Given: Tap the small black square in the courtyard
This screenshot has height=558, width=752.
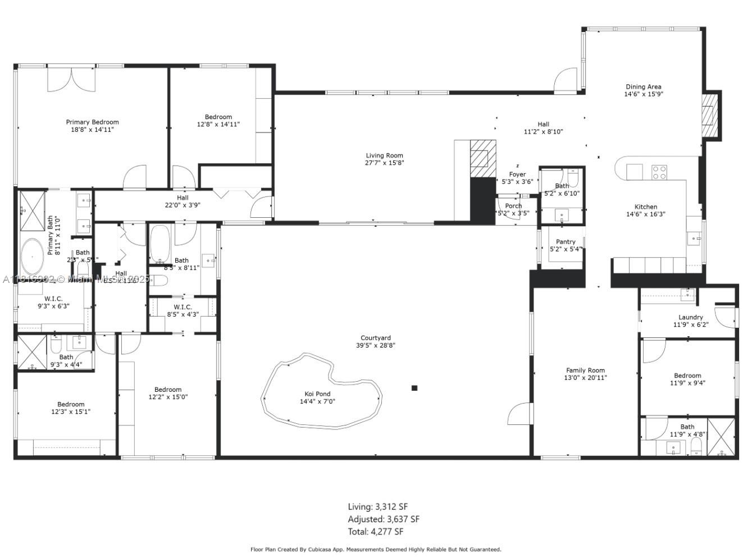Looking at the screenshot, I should [x=414, y=388].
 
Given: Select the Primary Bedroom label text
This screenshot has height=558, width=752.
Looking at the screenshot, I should [x=92, y=122].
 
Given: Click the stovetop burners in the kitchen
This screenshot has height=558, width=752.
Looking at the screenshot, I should [x=659, y=172].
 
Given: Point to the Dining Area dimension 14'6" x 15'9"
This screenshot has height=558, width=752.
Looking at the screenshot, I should [x=643, y=94].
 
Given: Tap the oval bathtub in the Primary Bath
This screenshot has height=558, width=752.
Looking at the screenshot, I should [x=32, y=257].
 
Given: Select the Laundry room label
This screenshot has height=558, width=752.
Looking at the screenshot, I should [x=690, y=317].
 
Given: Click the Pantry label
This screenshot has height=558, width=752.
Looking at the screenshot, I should [x=566, y=242].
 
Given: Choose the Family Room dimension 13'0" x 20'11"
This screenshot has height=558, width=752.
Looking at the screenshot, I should [x=585, y=378].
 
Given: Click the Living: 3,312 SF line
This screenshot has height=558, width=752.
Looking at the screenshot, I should [x=377, y=507].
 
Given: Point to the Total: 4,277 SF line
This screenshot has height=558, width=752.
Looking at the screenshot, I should [x=375, y=532].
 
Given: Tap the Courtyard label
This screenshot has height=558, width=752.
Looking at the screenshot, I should [x=376, y=338].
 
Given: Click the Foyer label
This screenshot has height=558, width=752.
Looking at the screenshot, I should [x=517, y=175].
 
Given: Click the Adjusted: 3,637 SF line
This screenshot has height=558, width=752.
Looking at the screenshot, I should [x=383, y=519].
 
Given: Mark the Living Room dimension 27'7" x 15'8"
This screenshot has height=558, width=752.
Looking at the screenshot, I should [x=384, y=163].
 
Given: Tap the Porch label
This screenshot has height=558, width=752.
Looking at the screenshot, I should [x=513, y=206].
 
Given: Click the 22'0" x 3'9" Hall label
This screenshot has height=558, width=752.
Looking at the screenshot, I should [x=183, y=205].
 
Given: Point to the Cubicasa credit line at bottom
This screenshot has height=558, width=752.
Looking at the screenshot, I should [x=375, y=550].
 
